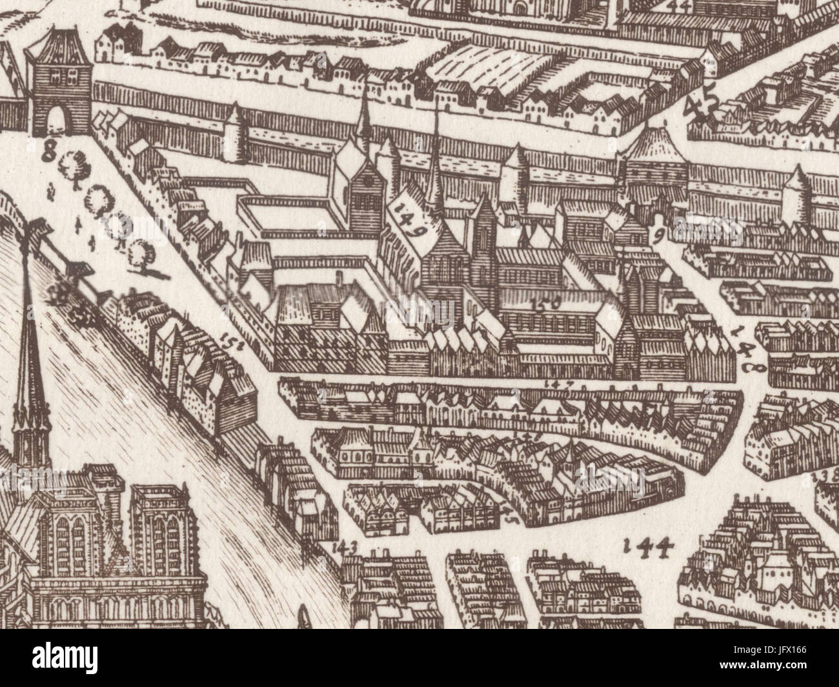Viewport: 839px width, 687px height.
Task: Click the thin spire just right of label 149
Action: point(436,161)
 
